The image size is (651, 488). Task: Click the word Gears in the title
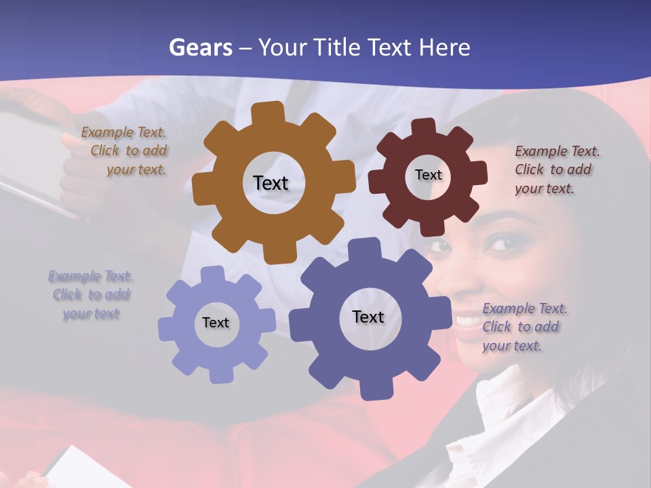pyautogui.click(x=199, y=47)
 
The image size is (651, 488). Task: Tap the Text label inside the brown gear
pyautogui.click(x=271, y=183)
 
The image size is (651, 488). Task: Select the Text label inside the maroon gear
pyautogui.click(x=428, y=175)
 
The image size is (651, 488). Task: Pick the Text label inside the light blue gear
pyautogui.click(x=216, y=323)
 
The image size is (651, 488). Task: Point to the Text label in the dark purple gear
pyautogui.click(x=368, y=317)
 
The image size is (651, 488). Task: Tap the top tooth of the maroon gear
pyautogui.click(x=424, y=128)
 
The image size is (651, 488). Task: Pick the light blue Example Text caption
pyautogui.click(x=91, y=295)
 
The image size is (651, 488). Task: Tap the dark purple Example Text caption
pyautogui.click(x=524, y=327)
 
